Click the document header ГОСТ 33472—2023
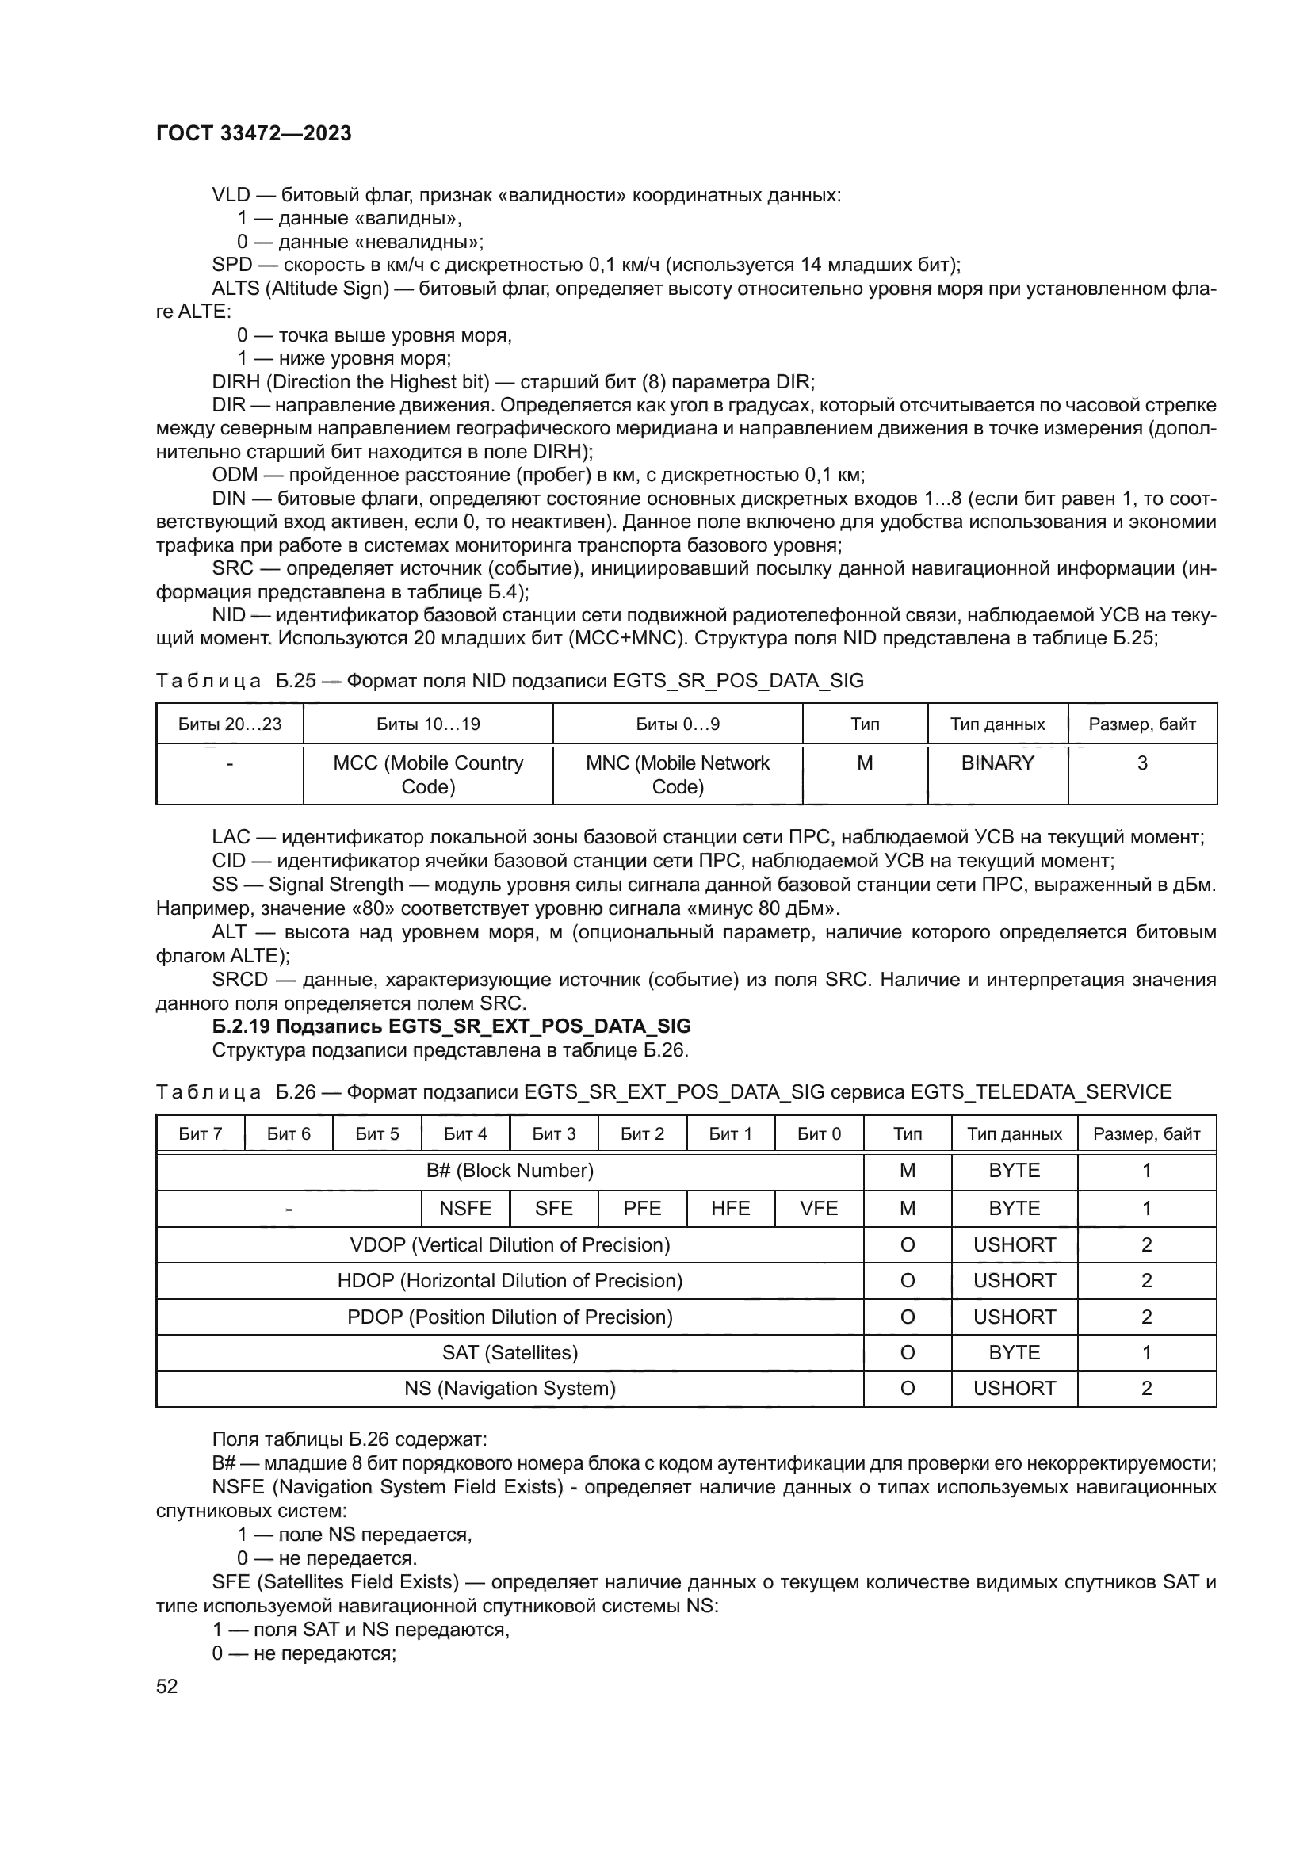pos(254,134)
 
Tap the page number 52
pos(167,1686)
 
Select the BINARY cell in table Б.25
pos(997,763)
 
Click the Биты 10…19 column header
pos(428,724)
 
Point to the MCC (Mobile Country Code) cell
pos(428,774)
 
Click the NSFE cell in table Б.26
pos(465,1208)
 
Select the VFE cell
pos(819,1208)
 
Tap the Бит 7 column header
pos(201,1133)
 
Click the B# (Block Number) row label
pos(510,1171)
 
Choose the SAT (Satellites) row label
pos(510,1352)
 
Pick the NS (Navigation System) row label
pos(510,1388)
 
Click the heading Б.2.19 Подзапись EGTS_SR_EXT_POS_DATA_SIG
pos(451,1026)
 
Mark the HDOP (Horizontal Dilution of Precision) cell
pos(510,1281)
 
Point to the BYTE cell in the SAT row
pos(1014,1352)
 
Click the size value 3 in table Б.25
pos(1141,763)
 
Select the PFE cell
pos(642,1208)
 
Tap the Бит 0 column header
pos(819,1133)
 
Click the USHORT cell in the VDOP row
pos(1014,1244)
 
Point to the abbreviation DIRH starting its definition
pos(235,382)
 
